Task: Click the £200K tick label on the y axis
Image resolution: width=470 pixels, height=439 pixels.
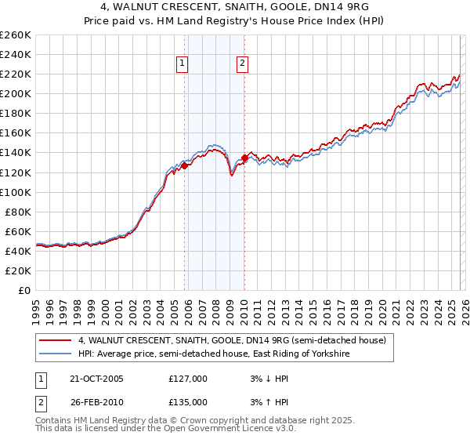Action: tap(16, 93)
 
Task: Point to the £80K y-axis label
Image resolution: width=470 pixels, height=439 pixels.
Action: tap(18, 212)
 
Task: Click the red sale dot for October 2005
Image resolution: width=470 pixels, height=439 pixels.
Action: tap(185, 165)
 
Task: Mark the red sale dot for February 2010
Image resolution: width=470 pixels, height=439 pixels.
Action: tap(244, 158)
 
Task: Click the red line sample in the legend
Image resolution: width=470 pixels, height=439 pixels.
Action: tap(55, 341)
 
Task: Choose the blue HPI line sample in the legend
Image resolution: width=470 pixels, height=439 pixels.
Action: tap(55, 354)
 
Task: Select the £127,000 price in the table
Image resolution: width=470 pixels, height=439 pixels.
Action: tap(187, 379)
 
